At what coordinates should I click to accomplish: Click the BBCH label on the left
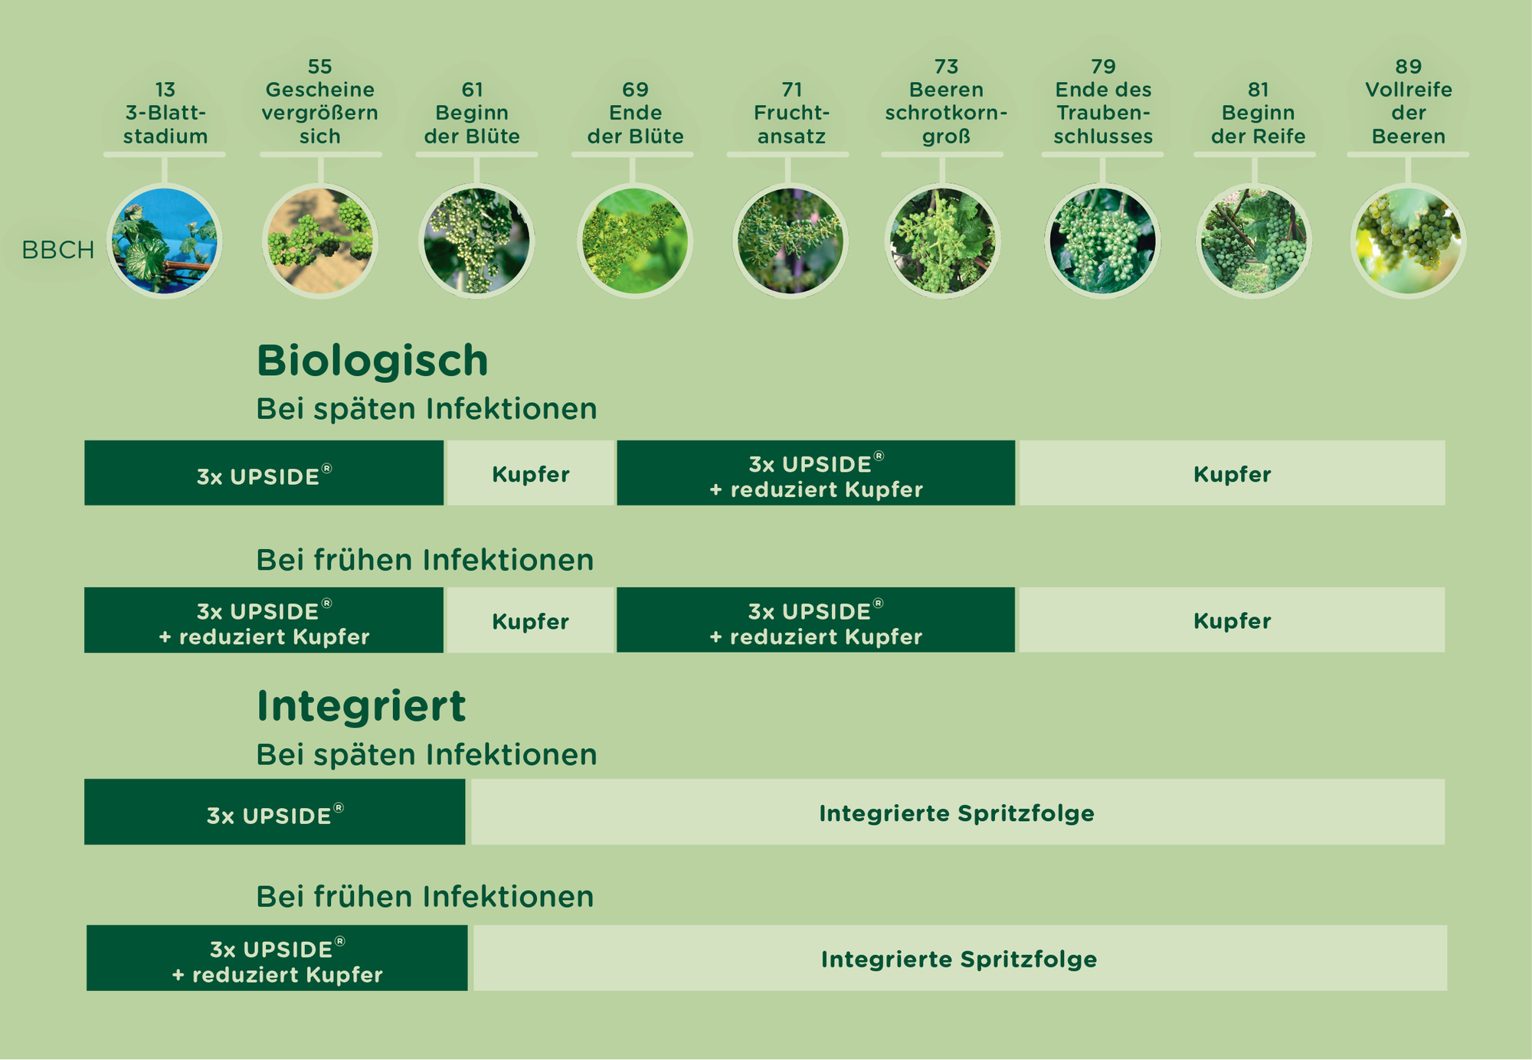pyautogui.click(x=58, y=250)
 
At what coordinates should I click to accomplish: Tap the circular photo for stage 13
pyautogui.click(x=165, y=241)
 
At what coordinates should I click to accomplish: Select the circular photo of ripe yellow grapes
pyautogui.click(x=1408, y=241)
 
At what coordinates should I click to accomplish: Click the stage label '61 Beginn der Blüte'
pyautogui.click(x=473, y=113)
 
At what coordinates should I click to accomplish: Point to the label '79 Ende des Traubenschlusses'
pyautogui.click(x=1103, y=101)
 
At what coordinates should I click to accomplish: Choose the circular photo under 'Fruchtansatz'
pyautogui.click(x=791, y=241)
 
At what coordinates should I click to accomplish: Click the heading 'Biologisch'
pyautogui.click(x=372, y=361)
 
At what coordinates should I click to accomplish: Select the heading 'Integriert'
pyautogui.click(x=361, y=705)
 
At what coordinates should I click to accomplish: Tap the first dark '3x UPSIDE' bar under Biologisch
pyautogui.click(x=264, y=473)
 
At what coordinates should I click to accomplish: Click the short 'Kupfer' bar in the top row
pyautogui.click(x=531, y=473)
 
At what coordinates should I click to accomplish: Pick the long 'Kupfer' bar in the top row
pyautogui.click(x=1232, y=473)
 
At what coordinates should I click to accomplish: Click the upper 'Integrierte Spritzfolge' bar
pyautogui.click(x=957, y=812)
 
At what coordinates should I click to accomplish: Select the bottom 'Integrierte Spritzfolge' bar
pyautogui.click(x=960, y=958)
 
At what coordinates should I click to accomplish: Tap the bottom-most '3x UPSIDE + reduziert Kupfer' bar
pyautogui.click(x=277, y=958)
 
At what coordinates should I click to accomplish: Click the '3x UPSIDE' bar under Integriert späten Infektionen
pyautogui.click(x=275, y=812)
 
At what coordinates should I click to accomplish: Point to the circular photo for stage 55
pyautogui.click(x=320, y=241)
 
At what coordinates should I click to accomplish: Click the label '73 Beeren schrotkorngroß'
pyautogui.click(x=946, y=101)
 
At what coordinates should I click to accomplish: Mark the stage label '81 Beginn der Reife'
pyautogui.click(x=1258, y=113)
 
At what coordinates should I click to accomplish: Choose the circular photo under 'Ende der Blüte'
pyautogui.click(x=635, y=241)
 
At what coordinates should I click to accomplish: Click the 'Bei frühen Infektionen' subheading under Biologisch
pyautogui.click(x=425, y=560)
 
